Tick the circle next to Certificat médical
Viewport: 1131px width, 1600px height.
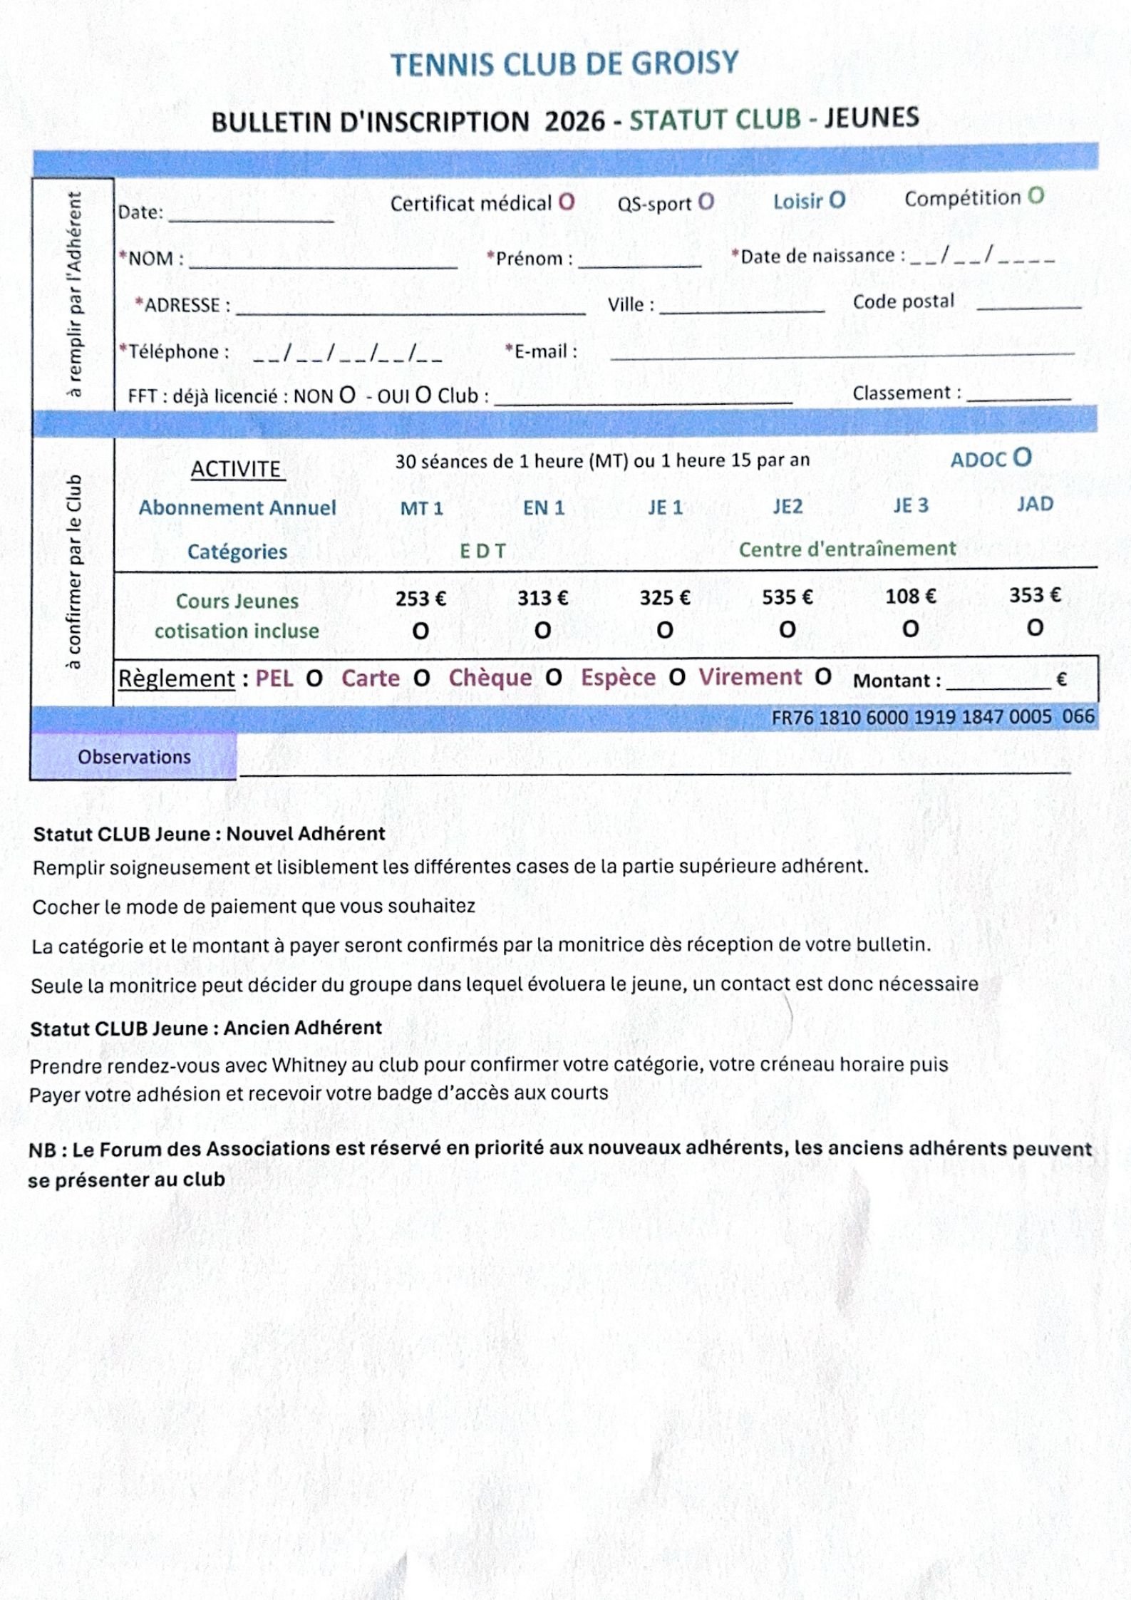[567, 202]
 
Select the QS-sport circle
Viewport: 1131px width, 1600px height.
[706, 202]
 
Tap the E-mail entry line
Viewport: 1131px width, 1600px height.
[841, 352]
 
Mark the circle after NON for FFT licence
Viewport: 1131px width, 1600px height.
[347, 395]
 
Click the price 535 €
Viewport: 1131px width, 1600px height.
[787, 597]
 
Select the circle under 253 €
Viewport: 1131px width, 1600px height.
[420, 631]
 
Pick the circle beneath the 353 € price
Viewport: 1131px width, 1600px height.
[1035, 628]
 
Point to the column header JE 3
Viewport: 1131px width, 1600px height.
[911, 505]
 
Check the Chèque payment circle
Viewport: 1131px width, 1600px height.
[554, 677]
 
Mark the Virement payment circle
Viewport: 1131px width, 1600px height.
[823, 676]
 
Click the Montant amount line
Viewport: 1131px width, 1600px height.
[998, 683]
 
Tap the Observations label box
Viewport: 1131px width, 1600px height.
[134, 757]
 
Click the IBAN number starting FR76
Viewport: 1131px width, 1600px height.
[932, 717]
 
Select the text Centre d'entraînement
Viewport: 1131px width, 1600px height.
[847, 549]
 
